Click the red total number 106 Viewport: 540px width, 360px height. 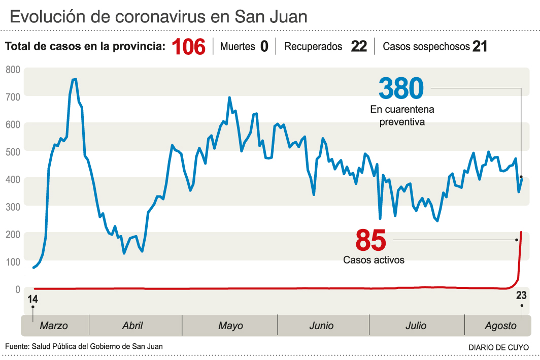[x=188, y=47]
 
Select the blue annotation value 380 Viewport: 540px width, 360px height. [x=401, y=89]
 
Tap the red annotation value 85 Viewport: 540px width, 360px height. [x=370, y=240]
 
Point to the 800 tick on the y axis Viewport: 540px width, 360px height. [x=13, y=69]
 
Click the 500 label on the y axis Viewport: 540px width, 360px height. [x=13, y=152]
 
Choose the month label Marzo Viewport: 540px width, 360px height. [x=54, y=325]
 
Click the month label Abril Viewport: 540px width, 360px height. [x=132, y=325]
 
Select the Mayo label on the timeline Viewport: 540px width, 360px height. [x=230, y=325]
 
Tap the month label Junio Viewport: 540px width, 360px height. [x=321, y=325]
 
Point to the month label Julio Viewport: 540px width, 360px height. [x=416, y=325]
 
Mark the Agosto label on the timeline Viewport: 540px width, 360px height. [x=500, y=325]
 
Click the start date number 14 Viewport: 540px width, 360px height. [x=32, y=299]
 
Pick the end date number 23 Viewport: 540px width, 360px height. [x=521, y=296]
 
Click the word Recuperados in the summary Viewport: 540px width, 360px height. [x=313, y=47]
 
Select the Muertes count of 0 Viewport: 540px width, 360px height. [x=264, y=47]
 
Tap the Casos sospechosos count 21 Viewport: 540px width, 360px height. [x=480, y=47]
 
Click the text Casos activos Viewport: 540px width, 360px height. [x=374, y=260]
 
